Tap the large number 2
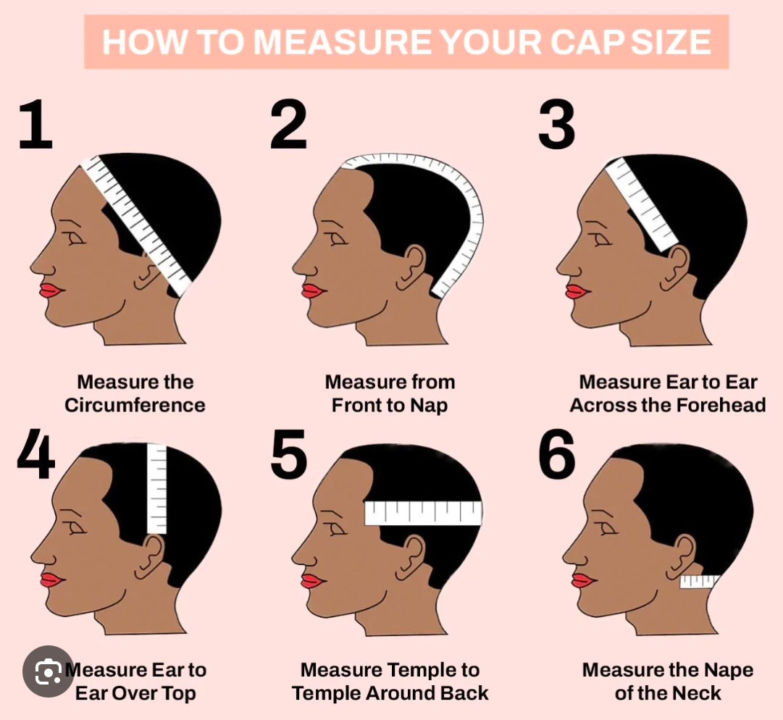[288, 124]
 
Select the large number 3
[557, 124]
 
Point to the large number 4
[35, 453]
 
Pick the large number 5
[288, 453]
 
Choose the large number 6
[557, 453]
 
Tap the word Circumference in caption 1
[135, 405]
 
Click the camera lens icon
[48, 672]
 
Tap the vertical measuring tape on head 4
[156, 488]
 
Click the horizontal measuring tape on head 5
[424, 513]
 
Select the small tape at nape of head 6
[699, 581]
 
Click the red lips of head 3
[577, 291]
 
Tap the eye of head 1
[75, 239]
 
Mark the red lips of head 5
[313, 581]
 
